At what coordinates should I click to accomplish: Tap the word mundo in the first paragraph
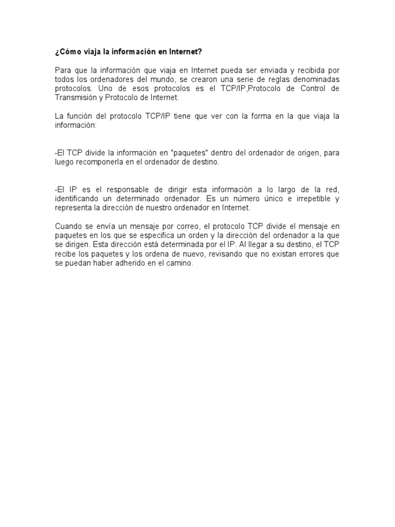pyautogui.click(x=181, y=80)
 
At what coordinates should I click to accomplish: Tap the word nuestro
pyautogui.click(x=168, y=207)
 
